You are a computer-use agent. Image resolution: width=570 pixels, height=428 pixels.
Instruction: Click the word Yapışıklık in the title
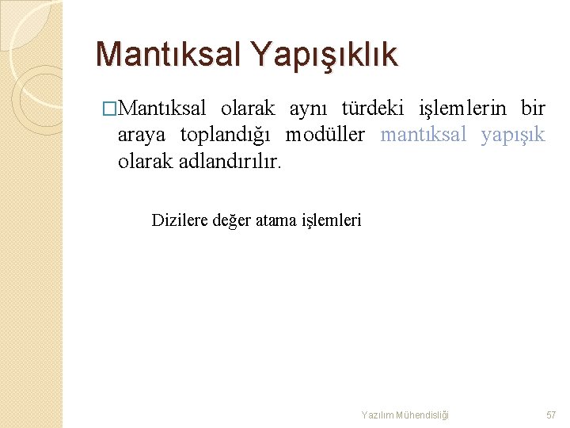pyautogui.click(x=325, y=54)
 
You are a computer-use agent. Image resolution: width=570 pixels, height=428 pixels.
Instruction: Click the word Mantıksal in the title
pyautogui.click(x=168, y=54)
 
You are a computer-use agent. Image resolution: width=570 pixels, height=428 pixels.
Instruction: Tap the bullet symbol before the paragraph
pyautogui.click(x=109, y=108)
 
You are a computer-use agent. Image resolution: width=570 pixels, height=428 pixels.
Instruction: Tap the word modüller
pyautogui.click(x=325, y=135)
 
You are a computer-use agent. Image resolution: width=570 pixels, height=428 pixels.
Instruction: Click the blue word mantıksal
pyautogui.click(x=424, y=135)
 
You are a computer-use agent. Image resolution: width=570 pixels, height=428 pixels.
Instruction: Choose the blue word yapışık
pyautogui.click(x=513, y=135)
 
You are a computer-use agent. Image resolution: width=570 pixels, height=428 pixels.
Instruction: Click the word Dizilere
pyautogui.click(x=180, y=220)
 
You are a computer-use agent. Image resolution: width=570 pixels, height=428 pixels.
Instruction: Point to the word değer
pyautogui.click(x=232, y=220)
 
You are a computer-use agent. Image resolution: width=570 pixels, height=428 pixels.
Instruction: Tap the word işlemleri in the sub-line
pyautogui.click(x=332, y=220)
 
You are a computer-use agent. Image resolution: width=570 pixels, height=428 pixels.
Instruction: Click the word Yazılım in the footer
pyautogui.click(x=378, y=415)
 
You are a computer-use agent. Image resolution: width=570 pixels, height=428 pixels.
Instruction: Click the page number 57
pyautogui.click(x=552, y=415)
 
